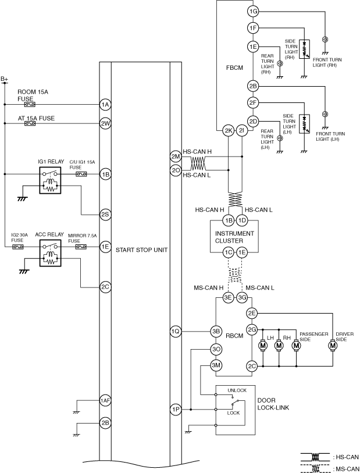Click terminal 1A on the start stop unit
105,105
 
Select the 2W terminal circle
105,123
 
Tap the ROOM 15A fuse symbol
28,105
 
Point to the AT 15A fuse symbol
28,123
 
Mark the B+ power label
5,79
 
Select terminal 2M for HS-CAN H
176,157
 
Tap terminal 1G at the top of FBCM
252,12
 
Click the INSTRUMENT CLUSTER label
235,236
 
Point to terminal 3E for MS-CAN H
229,298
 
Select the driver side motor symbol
333,346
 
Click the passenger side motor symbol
296,346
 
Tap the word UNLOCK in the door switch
237,391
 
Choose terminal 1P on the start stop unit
176,410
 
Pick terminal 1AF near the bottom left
105,401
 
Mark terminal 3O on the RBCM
216,349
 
